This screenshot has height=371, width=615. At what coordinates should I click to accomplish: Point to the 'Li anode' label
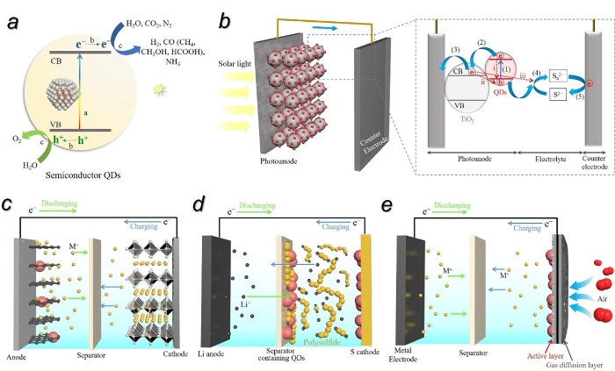click(x=220, y=353)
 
